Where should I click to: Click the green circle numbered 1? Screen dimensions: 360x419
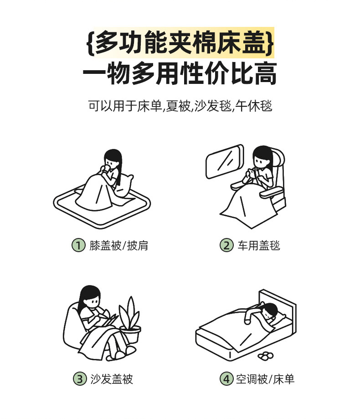[78, 245]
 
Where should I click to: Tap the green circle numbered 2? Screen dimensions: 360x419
[226, 245]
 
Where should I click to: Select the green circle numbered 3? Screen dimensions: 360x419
[80, 378]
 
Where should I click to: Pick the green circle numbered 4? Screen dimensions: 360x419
[226, 378]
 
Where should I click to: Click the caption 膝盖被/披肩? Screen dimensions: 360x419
[118, 245]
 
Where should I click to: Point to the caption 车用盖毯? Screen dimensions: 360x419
[259, 245]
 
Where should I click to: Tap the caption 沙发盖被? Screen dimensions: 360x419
[112, 379]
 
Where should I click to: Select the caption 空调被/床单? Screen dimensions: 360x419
[265, 379]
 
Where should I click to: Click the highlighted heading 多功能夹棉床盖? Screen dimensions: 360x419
[180, 42]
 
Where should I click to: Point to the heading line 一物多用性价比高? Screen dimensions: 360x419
[180, 73]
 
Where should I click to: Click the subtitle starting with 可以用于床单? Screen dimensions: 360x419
[180, 106]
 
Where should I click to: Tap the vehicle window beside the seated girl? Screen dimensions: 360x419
[225, 161]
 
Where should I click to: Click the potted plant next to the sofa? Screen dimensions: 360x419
[130, 321]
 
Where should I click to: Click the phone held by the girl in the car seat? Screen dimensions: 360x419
[252, 173]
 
